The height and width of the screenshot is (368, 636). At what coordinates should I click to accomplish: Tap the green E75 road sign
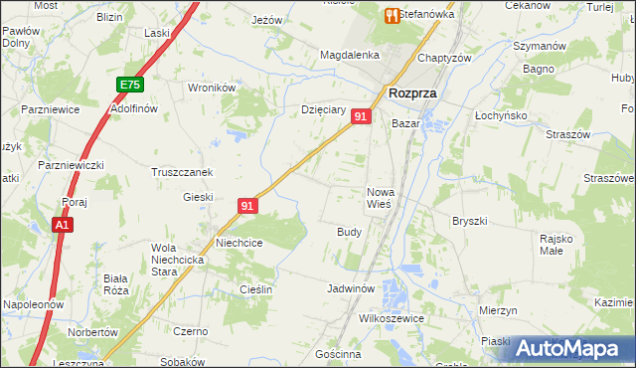(129, 86)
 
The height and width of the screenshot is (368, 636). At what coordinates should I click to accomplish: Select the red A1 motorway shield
(62, 227)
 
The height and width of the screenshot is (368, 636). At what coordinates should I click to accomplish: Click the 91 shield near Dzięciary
(361, 117)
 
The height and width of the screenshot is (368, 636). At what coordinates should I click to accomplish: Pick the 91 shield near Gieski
(248, 206)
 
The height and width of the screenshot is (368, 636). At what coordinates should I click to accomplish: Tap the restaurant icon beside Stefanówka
(392, 15)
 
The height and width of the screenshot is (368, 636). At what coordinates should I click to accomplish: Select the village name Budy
(349, 231)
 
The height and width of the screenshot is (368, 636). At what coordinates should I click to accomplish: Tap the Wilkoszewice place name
(391, 318)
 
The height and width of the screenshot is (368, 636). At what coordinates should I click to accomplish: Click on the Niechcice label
(239, 242)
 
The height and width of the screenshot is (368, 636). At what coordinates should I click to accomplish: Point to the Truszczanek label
(182, 171)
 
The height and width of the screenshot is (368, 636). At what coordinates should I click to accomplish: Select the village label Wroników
(211, 88)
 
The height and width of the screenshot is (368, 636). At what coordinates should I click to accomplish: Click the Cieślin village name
(254, 288)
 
